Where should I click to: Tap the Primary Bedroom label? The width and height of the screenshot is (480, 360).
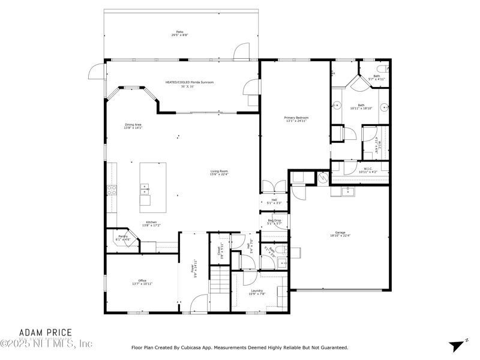pos(296,118)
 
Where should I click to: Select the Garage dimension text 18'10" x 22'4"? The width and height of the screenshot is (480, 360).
pos(340,236)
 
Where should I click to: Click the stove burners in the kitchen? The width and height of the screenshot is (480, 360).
pos(111,191)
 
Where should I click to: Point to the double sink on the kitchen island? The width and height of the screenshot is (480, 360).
pos(145,190)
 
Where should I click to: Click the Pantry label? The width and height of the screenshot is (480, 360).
pos(122,237)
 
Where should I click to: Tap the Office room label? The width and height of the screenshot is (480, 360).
pos(142,280)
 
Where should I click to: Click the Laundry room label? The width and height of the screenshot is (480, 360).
pos(257,291)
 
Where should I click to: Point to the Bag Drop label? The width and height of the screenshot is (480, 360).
pos(274,220)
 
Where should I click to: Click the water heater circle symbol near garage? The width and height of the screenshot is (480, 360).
pos(323,177)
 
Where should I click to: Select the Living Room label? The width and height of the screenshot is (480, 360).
pos(219,172)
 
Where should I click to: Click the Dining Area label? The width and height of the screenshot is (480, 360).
pos(133,125)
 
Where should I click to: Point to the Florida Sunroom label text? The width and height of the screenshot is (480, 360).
pos(190,82)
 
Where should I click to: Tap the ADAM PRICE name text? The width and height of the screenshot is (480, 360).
pos(46,332)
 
